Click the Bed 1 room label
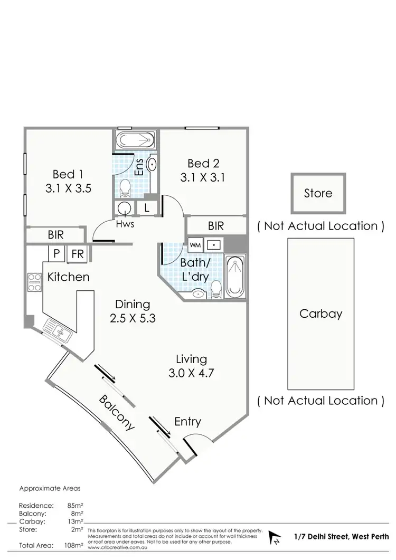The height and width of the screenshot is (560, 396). (68, 174)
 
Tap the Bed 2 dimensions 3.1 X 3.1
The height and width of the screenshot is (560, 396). (202, 178)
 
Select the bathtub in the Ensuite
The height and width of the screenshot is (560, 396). (135, 141)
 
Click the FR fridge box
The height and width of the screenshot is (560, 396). (78, 254)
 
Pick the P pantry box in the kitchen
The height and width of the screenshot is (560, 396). (56, 254)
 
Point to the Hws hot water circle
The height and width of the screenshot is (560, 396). (125, 208)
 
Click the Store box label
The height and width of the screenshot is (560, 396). (318, 193)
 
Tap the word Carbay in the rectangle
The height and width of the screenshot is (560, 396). (320, 314)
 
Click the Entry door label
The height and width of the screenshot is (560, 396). (187, 421)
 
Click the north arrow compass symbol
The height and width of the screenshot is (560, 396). (275, 537)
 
